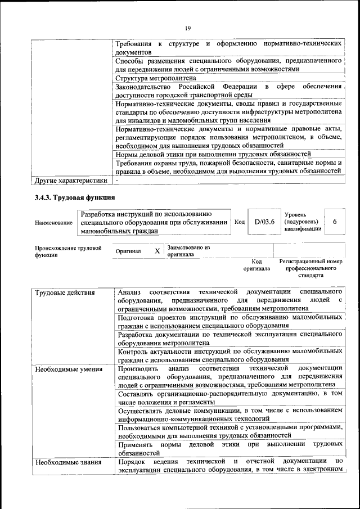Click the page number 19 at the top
(187, 28)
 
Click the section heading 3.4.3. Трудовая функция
(75, 197)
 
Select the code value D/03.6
(264, 222)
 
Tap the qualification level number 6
(335, 222)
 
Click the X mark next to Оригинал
(157, 251)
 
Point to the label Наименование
(53, 223)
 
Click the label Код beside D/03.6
(239, 222)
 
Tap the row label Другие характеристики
(71, 181)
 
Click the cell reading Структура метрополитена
(156, 78)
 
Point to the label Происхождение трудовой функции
(68, 251)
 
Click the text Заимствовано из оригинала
(188, 251)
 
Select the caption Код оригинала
(256, 265)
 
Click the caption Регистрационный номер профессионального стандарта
(310, 268)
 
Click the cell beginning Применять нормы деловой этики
(230, 448)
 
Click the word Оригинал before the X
(128, 251)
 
